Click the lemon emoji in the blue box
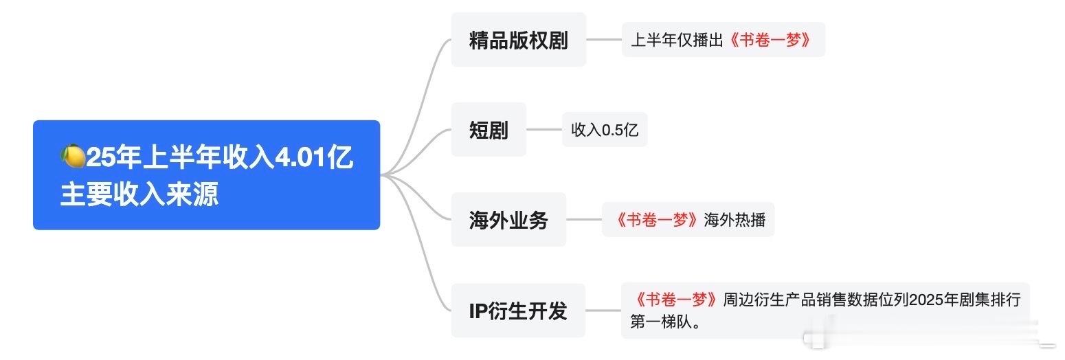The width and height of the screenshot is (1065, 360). (73, 156)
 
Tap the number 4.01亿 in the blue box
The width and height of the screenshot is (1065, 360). (314, 157)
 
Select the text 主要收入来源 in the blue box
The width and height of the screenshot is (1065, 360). (139, 194)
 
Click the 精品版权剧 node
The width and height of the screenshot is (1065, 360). (519, 39)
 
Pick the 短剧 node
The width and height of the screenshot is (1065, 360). (489, 129)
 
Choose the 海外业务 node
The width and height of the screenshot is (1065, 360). (508, 220)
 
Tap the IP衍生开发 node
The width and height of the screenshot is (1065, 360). (518, 311)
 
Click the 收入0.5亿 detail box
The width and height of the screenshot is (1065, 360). (605, 129)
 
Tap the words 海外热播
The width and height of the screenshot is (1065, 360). (735, 220)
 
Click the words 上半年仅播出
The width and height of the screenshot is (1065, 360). (677, 40)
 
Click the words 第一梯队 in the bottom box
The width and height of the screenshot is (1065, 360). (661, 322)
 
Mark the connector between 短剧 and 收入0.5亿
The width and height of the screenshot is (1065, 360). (544, 129)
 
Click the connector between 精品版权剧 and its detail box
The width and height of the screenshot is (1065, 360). (604, 39)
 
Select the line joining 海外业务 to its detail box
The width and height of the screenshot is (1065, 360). (584, 220)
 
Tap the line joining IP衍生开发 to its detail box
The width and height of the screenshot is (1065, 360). (603, 311)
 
